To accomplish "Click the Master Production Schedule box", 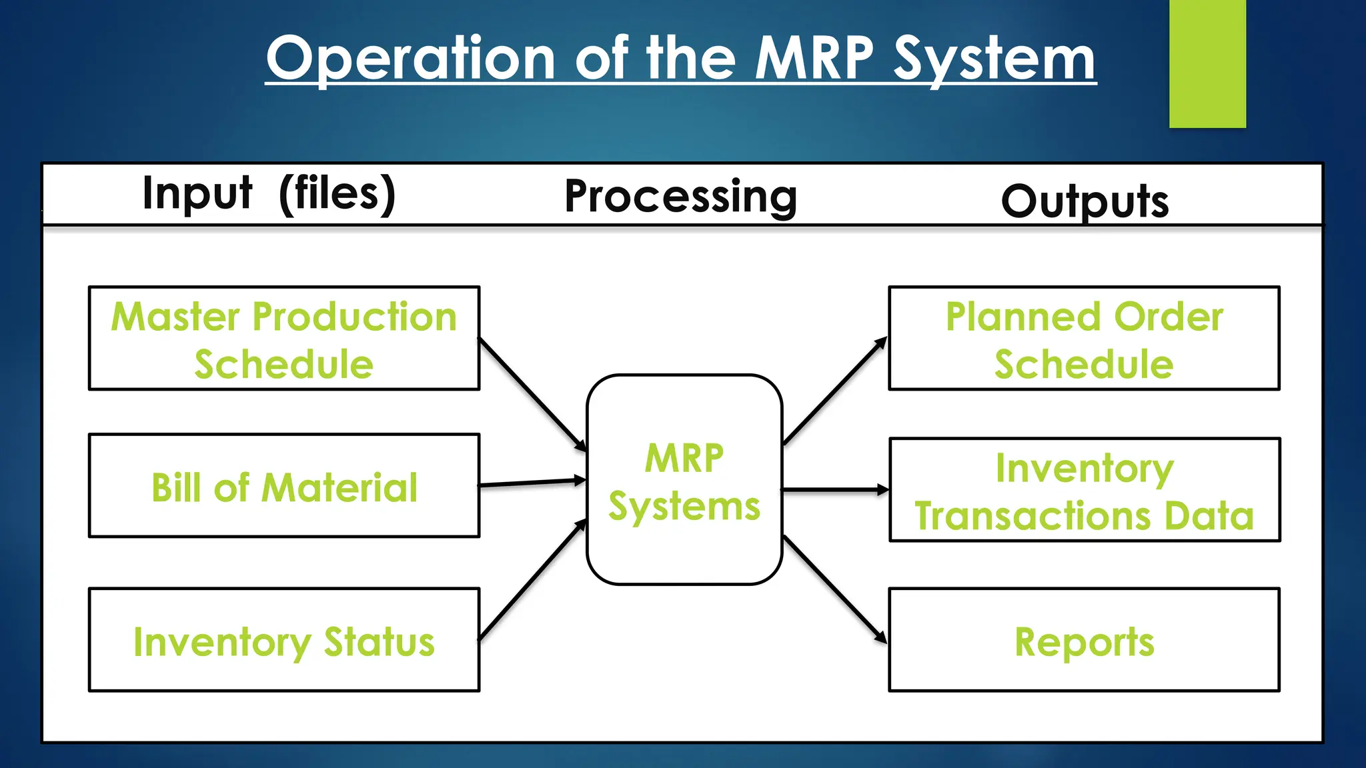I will (x=284, y=339).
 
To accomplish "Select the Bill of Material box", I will (x=284, y=487).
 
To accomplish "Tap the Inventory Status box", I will (x=284, y=640).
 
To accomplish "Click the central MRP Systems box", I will (x=684, y=480).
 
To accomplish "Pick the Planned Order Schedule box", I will (x=1085, y=339).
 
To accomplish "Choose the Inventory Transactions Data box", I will (x=1085, y=491).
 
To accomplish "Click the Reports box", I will (x=1085, y=640).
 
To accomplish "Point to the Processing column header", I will (x=680, y=196).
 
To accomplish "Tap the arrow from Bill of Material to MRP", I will (x=532, y=483).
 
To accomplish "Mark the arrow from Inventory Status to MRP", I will (x=532, y=580).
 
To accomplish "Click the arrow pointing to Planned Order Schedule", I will (x=835, y=391).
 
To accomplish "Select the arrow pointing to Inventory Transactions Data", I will (x=835, y=490).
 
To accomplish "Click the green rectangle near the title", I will (x=1207, y=63).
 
